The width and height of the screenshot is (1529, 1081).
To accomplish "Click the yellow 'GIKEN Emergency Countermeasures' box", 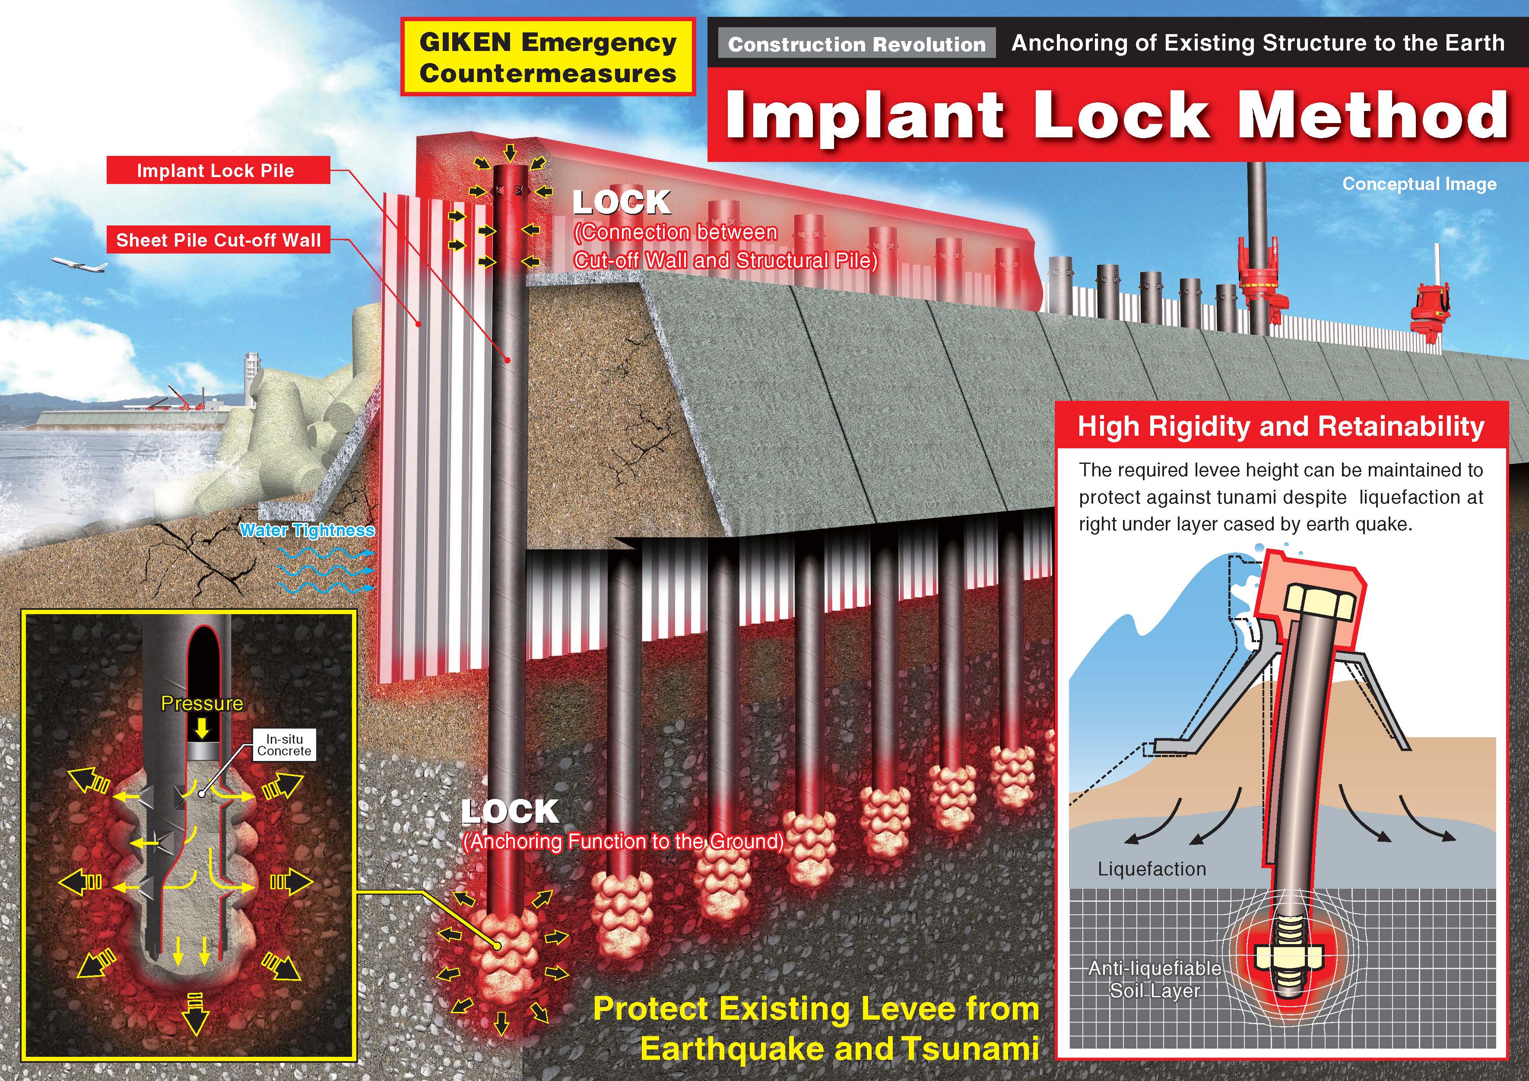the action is pyautogui.click(x=547, y=57).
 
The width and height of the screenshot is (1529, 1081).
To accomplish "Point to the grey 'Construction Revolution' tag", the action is pyautogui.click(x=856, y=44).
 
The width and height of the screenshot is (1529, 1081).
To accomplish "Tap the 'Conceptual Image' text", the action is pyautogui.click(x=1419, y=184).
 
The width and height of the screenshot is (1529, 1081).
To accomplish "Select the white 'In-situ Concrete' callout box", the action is pyautogui.click(x=284, y=745).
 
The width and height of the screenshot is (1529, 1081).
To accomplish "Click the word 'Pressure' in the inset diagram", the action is pyautogui.click(x=202, y=704).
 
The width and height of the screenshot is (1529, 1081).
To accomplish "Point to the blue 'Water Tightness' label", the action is pyautogui.click(x=307, y=530).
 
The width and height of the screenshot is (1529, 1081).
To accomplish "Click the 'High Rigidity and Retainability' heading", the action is pyautogui.click(x=1281, y=426).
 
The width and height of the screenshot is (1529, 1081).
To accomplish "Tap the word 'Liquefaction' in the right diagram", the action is pyautogui.click(x=1152, y=869).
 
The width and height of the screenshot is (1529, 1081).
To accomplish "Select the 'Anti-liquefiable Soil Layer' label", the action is pyautogui.click(x=1155, y=979).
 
